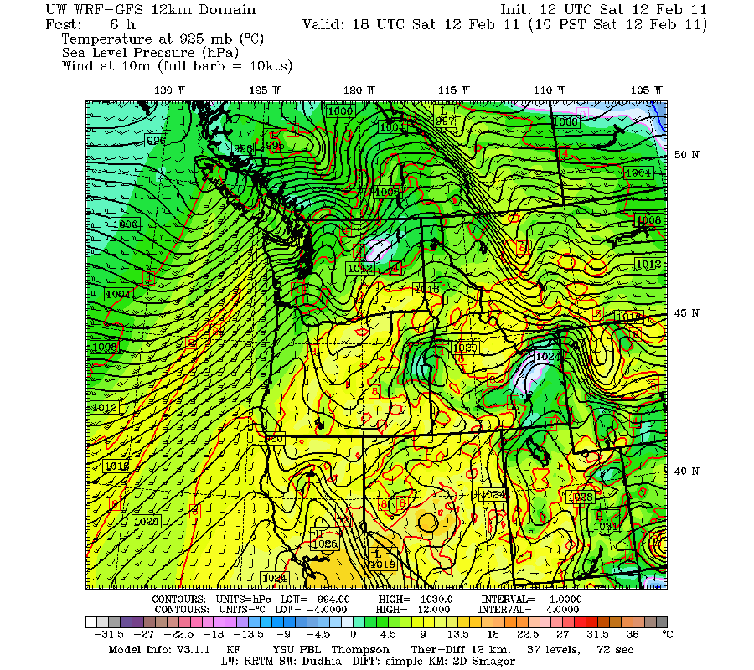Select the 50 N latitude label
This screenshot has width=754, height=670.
point(687,155)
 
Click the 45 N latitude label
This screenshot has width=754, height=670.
point(687,313)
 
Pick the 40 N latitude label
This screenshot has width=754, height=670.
point(687,472)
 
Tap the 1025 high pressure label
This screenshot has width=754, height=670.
point(323,544)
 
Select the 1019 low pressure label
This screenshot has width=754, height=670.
point(381,564)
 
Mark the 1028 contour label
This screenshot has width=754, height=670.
point(581,497)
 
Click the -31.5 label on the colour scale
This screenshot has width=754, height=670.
point(101,634)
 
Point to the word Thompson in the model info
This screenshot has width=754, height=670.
point(359,649)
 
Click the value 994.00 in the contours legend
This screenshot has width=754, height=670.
point(334,600)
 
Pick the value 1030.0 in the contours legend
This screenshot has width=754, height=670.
point(436,600)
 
